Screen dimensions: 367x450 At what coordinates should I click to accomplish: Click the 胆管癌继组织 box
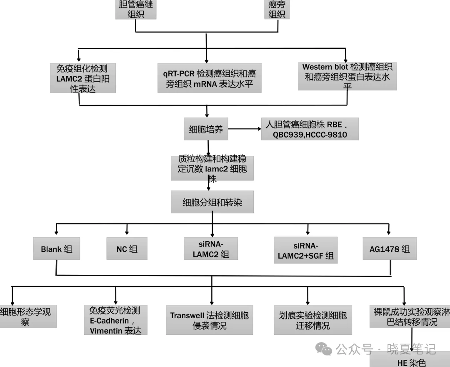pos(136,9)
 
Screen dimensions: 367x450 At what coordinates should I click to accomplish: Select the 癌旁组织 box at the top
pos(277,9)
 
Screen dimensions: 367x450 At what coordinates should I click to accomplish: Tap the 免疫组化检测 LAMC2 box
pos(82,78)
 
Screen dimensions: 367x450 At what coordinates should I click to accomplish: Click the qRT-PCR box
pos(209,79)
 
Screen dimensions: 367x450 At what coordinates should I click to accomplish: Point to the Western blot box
pos(347,76)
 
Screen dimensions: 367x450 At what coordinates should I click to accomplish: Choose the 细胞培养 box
pos(206,129)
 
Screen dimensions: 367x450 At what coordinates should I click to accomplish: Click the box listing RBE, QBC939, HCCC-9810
pos(310,129)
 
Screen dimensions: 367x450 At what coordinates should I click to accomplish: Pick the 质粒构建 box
pos(212,168)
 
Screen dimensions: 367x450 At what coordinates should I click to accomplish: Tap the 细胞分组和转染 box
pos(212,203)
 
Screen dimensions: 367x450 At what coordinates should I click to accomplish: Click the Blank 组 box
pos(56,249)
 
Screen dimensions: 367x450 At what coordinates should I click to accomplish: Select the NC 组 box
pos(127,249)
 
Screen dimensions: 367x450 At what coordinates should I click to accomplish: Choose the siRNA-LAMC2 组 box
pos(211,249)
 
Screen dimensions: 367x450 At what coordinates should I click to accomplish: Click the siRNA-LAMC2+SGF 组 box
pos(306,250)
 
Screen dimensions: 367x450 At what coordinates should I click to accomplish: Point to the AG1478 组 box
pos(389,249)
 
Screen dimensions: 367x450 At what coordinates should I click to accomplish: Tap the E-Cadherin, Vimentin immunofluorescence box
pos(115,320)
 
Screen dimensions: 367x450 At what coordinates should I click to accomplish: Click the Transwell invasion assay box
pos(209,320)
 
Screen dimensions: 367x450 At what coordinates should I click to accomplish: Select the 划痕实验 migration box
pos(312,320)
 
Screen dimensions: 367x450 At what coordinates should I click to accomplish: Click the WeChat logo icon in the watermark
pos(324,348)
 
